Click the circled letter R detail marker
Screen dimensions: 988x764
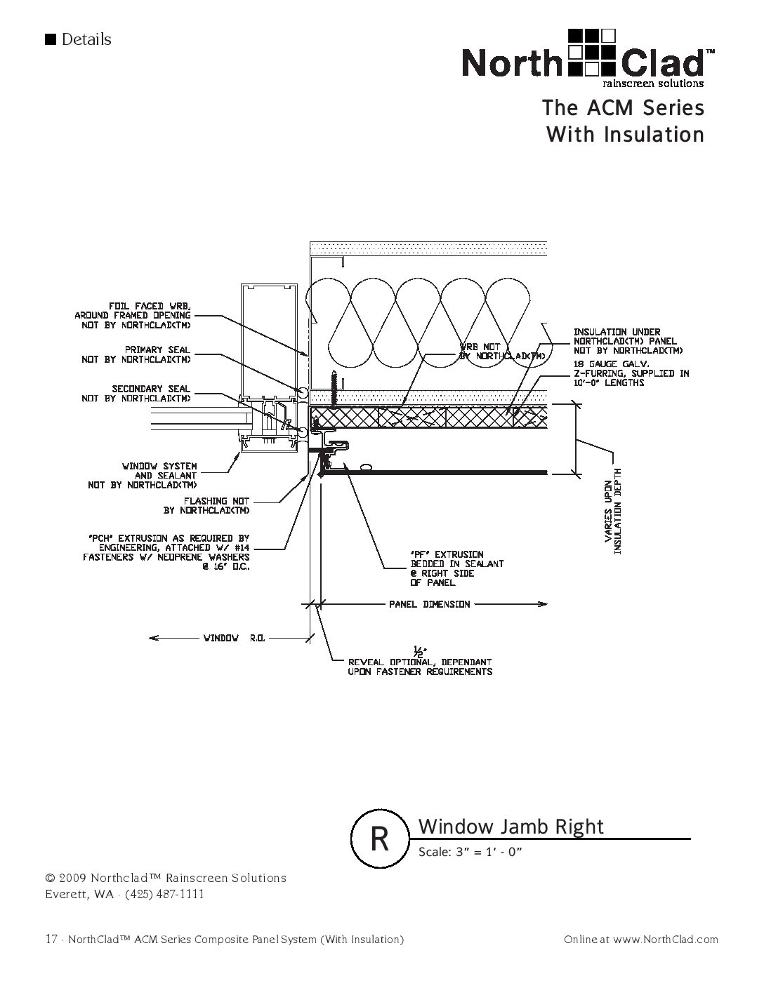380,839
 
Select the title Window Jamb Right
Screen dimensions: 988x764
511,827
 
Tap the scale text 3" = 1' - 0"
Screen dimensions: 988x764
471,852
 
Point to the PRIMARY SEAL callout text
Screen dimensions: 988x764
136,354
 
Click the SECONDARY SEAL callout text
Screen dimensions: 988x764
136,394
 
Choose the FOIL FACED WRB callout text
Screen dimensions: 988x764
133,315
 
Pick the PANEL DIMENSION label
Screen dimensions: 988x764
430,604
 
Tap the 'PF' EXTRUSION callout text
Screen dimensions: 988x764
456,568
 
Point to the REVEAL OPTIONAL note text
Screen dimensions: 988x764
420,667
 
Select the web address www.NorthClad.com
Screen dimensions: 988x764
665,939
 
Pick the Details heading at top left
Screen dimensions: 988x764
86,39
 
